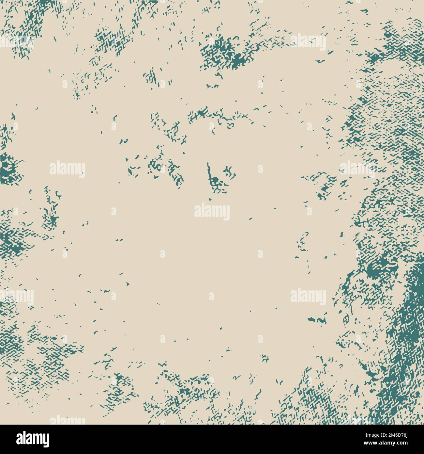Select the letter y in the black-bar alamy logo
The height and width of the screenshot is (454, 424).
[x=46, y=441]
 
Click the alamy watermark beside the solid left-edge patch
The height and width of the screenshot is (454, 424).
[x=67, y=168]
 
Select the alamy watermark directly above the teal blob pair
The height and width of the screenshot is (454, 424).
[x=308, y=296]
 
